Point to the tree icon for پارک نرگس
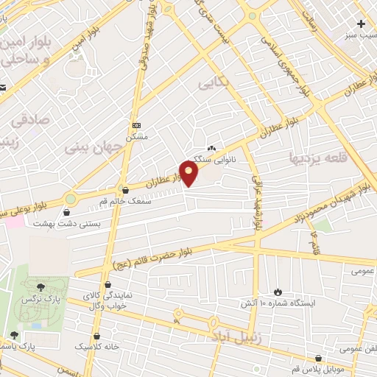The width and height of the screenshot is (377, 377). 40,287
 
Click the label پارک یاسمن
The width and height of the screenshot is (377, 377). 38,345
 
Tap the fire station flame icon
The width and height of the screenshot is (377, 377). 278,292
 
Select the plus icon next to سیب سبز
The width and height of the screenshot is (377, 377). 361,24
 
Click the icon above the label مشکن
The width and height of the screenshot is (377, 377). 136,125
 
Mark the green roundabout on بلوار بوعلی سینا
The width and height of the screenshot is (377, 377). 71,199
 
